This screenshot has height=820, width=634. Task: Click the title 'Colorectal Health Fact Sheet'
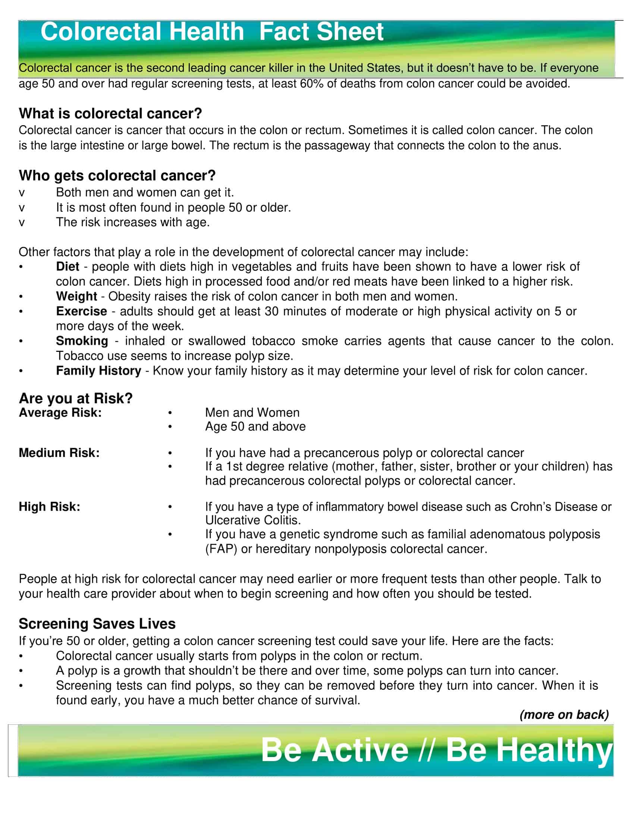(212, 32)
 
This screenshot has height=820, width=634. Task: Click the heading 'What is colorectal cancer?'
(110, 113)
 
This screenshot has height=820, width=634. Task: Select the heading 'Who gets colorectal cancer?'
(117, 175)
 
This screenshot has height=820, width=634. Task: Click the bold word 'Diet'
(68, 266)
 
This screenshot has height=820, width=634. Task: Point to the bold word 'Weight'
(76, 296)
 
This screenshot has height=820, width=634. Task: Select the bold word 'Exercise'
(82, 311)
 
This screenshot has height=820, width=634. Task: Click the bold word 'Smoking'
(82, 341)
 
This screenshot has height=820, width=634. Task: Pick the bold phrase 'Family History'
(98, 370)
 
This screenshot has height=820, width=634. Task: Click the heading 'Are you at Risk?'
(75, 398)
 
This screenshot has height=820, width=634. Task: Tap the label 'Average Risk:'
(60, 413)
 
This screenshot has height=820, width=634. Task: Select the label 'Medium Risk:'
(59, 453)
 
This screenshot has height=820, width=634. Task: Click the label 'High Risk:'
(49, 507)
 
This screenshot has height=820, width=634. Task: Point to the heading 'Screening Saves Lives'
(97, 624)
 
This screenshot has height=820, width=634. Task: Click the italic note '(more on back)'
(564, 714)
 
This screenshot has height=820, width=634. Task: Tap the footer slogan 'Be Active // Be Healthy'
(436, 750)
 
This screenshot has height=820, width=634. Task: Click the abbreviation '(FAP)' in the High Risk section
(221, 549)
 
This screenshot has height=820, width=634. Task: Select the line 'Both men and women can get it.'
(145, 192)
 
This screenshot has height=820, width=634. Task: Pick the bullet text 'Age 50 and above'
(255, 426)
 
